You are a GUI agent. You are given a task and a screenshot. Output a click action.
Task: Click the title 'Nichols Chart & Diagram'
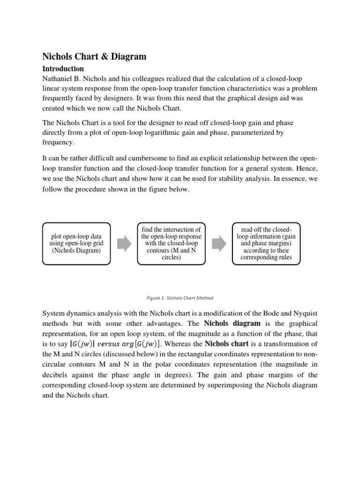pyautogui.click(x=94, y=57)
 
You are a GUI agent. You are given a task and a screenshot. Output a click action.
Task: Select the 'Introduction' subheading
pyautogui.click(x=63, y=68)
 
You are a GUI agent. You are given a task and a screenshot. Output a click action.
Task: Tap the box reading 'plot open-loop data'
pyautogui.click(x=76, y=243)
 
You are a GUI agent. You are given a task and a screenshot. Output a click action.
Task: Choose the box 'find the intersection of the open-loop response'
pyautogui.click(x=171, y=243)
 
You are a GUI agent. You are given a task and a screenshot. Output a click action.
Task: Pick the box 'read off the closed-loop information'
pyautogui.click(x=266, y=243)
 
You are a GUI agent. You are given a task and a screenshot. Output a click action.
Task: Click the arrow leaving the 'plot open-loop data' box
pyautogui.click(x=123, y=244)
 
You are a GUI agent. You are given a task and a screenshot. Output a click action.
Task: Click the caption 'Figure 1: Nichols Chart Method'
pyautogui.click(x=180, y=298)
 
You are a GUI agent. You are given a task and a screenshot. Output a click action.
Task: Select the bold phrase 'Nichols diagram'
pyautogui.click(x=232, y=323)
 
